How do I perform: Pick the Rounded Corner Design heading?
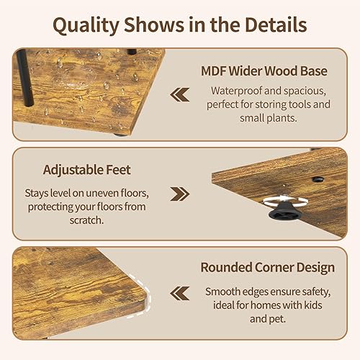pyautogui.click(x=267, y=268)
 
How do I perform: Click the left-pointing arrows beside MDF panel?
pyautogui.click(x=179, y=94)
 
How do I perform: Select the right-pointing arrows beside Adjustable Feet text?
pyautogui.click(x=179, y=194)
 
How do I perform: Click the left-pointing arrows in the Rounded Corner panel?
pyautogui.click(x=179, y=292)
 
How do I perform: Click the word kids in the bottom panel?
pyautogui.click(x=319, y=305)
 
